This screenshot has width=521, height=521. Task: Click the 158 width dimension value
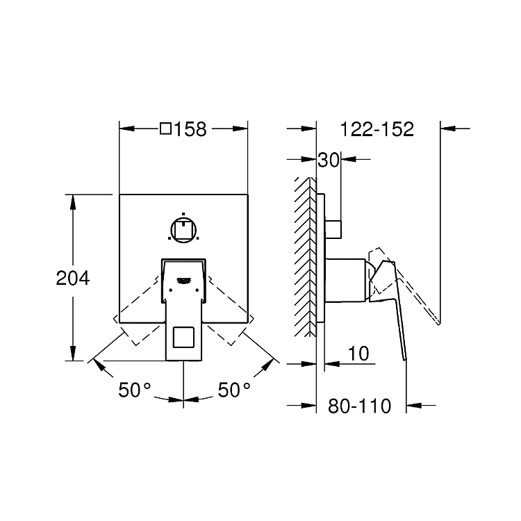click(x=190, y=129)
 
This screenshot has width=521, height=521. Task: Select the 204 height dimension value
click(x=73, y=278)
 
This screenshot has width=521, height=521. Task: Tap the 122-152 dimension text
click(x=377, y=129)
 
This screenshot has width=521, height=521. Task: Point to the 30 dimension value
click(x=329, y=160)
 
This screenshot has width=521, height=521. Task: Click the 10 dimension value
click(x=359, y=354)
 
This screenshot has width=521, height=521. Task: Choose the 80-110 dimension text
click(x=360, y=406)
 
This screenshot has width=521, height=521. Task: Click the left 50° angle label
click(x=135, y=390)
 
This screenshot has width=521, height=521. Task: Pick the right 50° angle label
click(x=234, y=390)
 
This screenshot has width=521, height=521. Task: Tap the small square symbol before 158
click(x=165, y=129)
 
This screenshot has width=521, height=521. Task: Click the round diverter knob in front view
click(x=183, y=230)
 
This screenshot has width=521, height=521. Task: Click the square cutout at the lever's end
click(x=183, y=337)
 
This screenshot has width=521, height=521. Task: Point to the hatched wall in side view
click(x=305, y=257)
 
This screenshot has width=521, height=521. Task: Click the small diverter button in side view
click(x=333, y=229)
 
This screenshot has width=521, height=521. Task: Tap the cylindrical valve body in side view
click(x=345, y=281)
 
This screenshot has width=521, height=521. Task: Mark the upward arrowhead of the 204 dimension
click(x=73, y=202)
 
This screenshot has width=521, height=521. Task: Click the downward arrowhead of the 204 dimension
click(x=73, y=353)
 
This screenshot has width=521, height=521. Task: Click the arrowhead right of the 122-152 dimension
click(x=448, y=129)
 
